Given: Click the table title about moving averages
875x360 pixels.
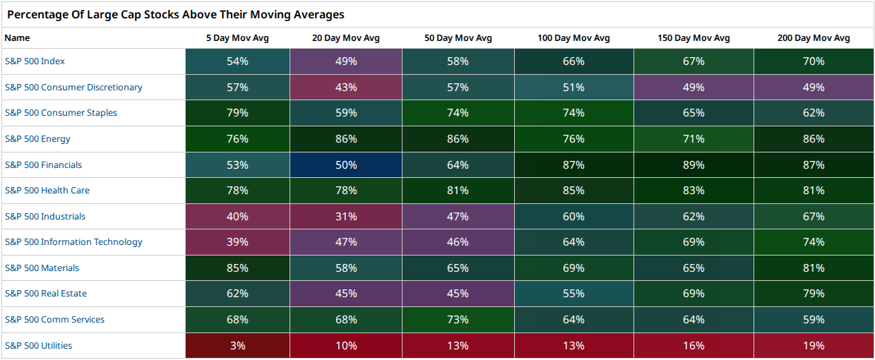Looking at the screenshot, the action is coord(176,14).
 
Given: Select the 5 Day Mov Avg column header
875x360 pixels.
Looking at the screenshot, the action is coord(237,38).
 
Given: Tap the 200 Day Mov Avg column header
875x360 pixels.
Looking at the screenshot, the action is coord(814,38).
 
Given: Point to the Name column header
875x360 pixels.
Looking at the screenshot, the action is coord(17,38).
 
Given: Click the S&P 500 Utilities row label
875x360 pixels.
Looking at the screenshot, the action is coord(38,346).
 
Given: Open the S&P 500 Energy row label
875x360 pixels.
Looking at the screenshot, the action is coord(37,139).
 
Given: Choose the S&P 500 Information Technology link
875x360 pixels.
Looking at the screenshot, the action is coord(73,242).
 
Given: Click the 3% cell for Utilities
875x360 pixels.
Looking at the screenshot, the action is coord(237,346).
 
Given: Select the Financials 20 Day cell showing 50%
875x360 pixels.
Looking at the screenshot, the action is coord(346,164).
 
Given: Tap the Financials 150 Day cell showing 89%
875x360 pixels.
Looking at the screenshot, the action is coord(694,164).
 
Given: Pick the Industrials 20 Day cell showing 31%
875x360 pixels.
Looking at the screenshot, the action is coord(346,216).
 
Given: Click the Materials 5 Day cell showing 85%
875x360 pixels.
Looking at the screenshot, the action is coord(237,268).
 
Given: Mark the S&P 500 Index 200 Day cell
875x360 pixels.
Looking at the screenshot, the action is coord(814,61).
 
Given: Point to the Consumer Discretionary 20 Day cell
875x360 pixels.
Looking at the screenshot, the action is coord(346,87).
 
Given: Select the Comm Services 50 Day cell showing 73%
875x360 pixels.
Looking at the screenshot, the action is coord(458,319).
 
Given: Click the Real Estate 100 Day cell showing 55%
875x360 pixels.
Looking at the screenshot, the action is coord(573,293).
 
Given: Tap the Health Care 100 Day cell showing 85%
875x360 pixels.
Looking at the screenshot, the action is coord(573,191).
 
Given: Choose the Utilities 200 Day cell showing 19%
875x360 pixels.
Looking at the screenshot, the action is coord(814,346).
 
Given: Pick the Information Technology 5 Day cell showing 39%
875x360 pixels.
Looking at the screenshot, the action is coord(237,242).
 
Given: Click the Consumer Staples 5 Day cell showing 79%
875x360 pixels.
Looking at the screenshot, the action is coord(237,113).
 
